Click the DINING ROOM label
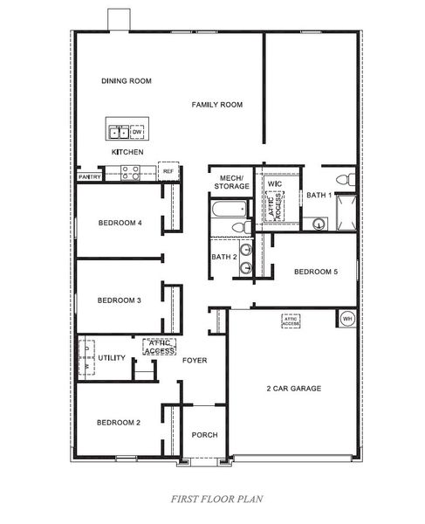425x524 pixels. (127, 81)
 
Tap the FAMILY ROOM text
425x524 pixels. (217, 105)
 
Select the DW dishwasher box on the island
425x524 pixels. (137, 132)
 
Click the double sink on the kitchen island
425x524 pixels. (120, 132)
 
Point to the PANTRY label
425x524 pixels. (91, 177)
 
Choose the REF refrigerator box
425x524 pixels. (168, 171)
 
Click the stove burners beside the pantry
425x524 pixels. (129, 175)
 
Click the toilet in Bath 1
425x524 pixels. (347, 180)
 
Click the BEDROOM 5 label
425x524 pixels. (315, 272)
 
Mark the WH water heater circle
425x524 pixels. (346, 318)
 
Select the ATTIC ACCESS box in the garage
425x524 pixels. (291, 321)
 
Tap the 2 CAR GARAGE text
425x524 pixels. (294, 388)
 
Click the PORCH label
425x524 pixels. (204, 435)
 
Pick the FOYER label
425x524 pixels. (195, 360)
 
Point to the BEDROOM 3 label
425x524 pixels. (119, 300)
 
